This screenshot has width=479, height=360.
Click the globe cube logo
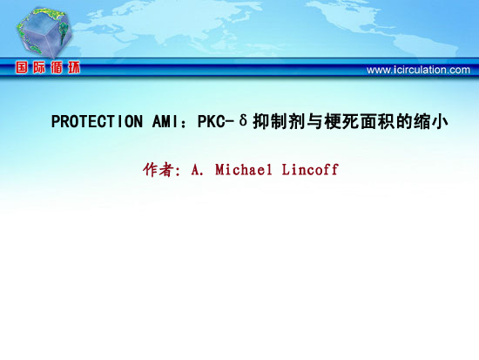coord(44,32)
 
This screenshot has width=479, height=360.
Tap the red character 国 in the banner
coord(22,67)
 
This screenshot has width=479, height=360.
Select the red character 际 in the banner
coord(39,67)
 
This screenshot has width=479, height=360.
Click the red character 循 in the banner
coord(57,67)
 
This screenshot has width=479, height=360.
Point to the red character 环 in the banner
coord(74,67)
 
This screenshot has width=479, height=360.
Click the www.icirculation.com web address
coord(418,70)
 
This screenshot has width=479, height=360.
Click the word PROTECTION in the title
coord(97,121)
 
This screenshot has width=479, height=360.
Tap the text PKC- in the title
coord(216,121)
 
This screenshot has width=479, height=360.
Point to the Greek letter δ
coord(243,120)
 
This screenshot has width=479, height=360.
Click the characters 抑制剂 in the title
coord(280,121)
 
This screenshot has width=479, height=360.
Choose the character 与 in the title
coord(314,121)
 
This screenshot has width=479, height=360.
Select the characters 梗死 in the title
coord(341,121)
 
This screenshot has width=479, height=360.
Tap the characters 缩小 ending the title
coord(431,121)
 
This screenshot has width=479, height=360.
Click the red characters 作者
coord(159,169)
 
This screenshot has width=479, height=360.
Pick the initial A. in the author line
coord(198,170)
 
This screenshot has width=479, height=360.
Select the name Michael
coord(244,169)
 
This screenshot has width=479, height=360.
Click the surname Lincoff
coord(310,169)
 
